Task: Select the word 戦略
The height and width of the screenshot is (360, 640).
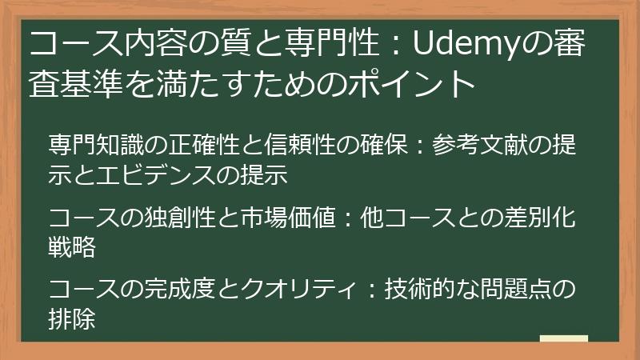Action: [72, 246]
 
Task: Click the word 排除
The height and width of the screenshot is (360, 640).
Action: [72, 318]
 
